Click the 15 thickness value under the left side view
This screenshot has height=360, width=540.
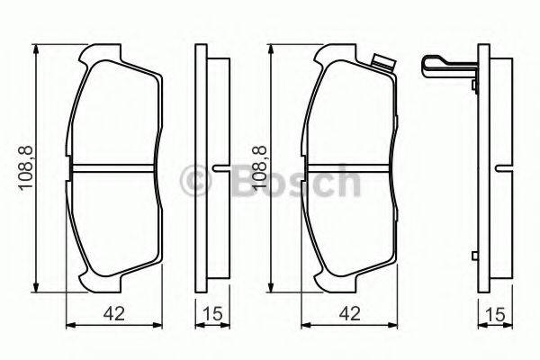coord(214,315)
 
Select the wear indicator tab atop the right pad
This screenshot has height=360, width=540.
coord(381,63)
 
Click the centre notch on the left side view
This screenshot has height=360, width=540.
coord(220,168)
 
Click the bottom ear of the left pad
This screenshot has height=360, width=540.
coord(87,278)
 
